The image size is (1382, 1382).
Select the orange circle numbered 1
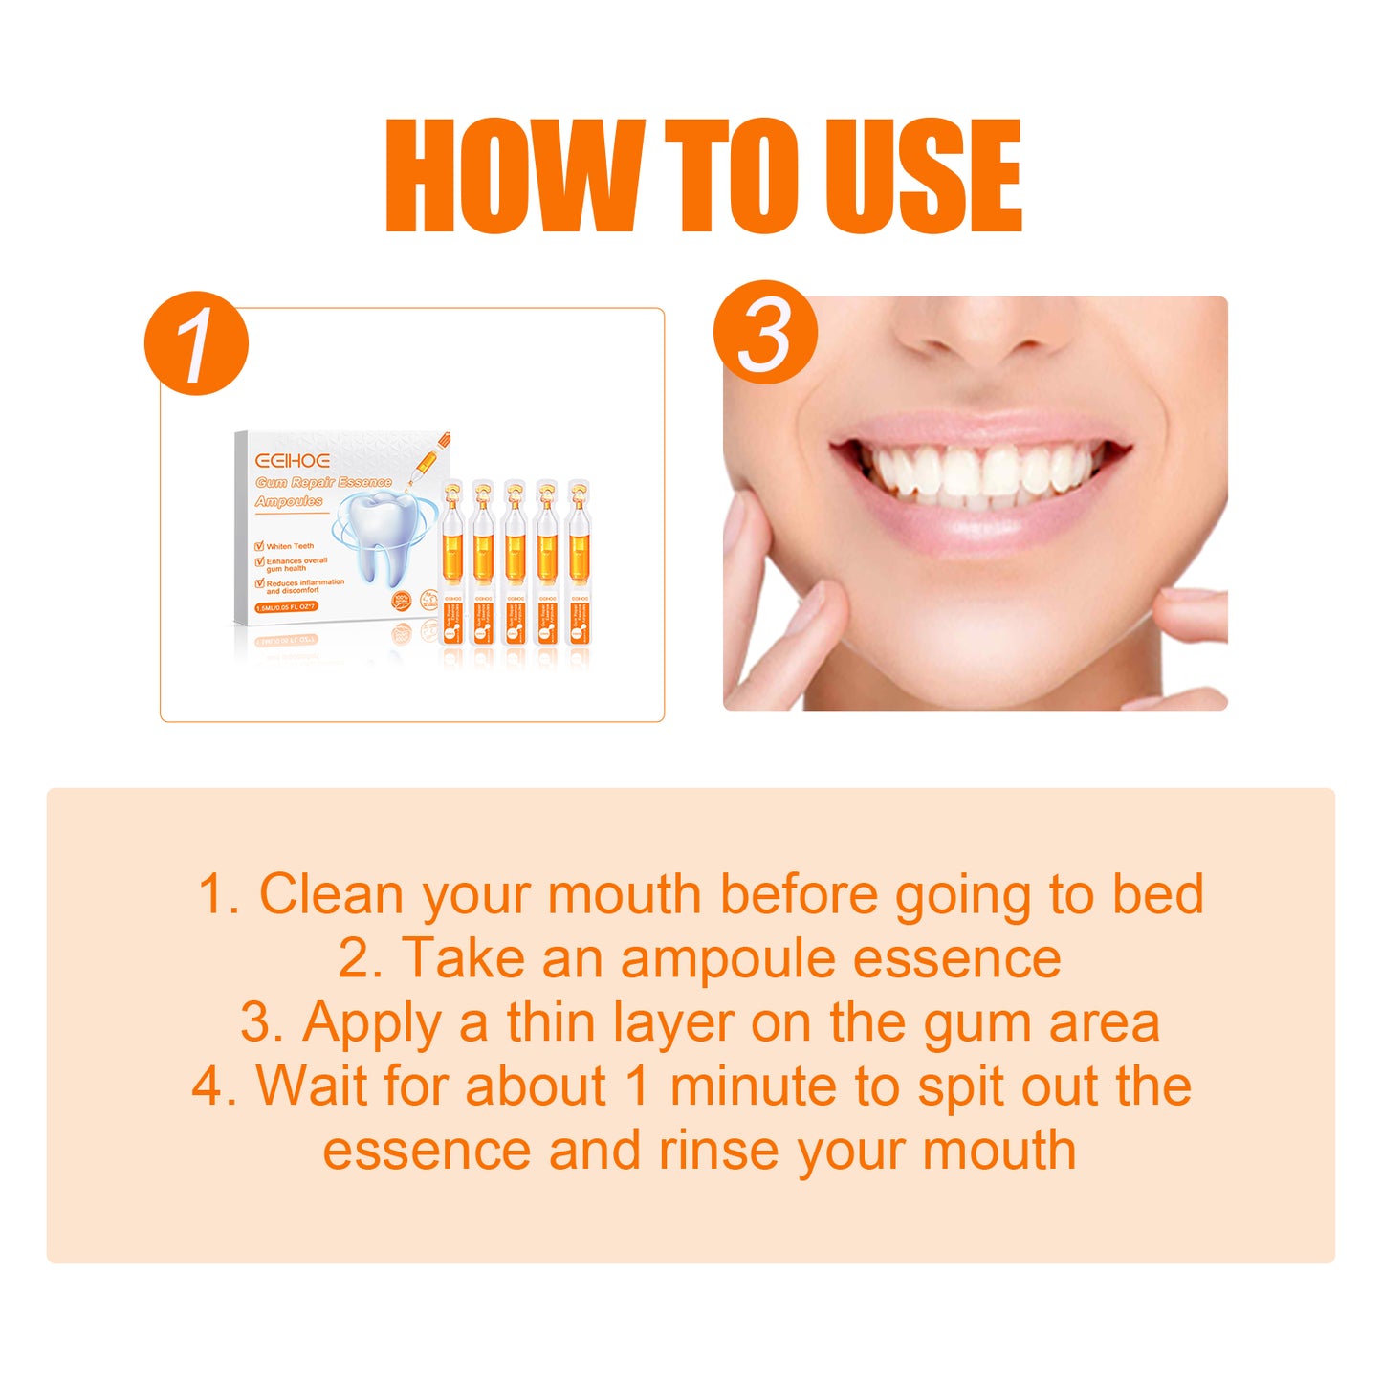click(196, 343)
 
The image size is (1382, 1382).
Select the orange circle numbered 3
click(765, 333)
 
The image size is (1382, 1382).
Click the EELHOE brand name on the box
click(293, 461)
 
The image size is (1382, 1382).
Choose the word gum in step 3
click(977, 1023)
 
